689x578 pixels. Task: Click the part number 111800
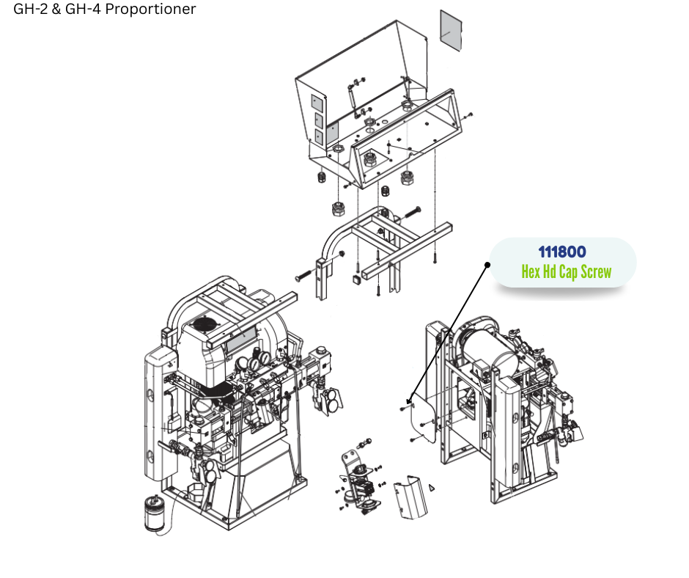(x=562, y=252)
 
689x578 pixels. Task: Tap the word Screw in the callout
(x=596, y=272)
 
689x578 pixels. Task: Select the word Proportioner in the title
(x=150, y=10)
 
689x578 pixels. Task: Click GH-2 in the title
(x=30, y=9)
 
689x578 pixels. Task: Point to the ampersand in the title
(x=56, y=9)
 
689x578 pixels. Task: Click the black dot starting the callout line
(x=487, y=265)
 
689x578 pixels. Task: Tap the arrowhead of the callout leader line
(x=409, y=400)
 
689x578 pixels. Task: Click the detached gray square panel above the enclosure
(x=452, y=31)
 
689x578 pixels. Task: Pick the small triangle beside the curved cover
(x=432, y=487)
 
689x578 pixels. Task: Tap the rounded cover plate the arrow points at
(x=422, y=418)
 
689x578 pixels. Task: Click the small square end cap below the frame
(x=356, y=279)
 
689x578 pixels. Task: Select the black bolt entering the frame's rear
(x=412, y=213)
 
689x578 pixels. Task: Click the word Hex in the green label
(x=531, y=271)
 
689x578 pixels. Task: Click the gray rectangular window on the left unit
(x=241, y=339)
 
